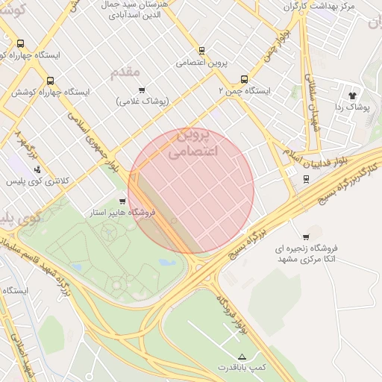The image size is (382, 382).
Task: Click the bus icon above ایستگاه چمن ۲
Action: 244,78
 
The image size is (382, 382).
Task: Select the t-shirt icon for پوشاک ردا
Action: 353,95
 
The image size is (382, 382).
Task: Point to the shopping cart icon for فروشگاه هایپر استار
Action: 122,201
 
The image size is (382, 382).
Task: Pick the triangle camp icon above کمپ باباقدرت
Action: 241,356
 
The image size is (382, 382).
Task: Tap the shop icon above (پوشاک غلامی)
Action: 142,90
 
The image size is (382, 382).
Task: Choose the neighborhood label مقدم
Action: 125,72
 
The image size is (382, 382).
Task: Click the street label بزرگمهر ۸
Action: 22,148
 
